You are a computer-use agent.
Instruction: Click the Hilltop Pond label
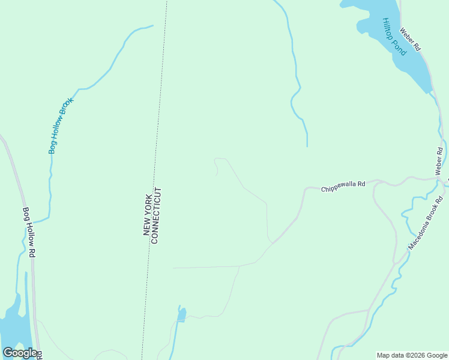394,37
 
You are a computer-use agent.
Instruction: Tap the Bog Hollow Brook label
61,125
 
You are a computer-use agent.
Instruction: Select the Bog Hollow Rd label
29,233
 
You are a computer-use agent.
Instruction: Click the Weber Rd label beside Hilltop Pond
411,40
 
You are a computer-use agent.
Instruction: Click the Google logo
20,353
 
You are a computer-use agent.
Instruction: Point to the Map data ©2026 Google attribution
411,355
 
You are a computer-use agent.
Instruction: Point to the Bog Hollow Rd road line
18,180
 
